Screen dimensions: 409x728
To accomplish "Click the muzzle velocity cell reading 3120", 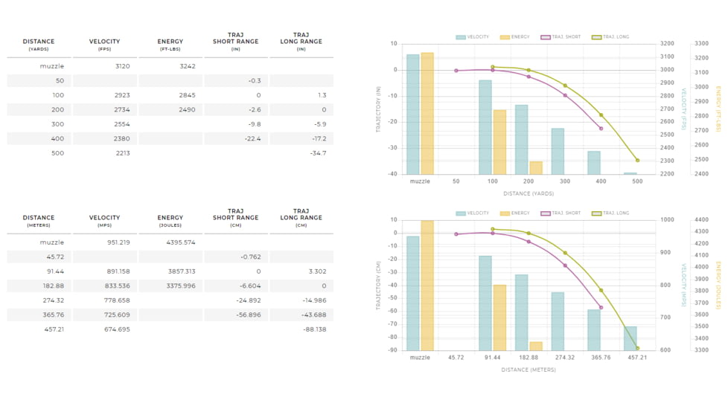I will click(123, 66).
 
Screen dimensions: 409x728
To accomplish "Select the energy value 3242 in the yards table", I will click(188, 66).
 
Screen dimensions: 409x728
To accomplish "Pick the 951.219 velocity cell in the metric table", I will click(118, 242).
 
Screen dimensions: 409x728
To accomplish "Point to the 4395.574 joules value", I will click(180, 242).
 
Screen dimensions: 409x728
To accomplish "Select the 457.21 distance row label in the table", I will click(54, 329).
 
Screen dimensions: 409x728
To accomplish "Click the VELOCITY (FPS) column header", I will click(104, 45).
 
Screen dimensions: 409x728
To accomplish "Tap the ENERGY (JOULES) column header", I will click(170, 221).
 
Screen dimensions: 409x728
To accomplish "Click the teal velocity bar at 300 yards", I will click(558, 151).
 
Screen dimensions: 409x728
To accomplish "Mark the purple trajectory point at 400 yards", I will click(601, 129).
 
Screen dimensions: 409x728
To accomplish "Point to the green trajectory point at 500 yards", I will click(637, 161).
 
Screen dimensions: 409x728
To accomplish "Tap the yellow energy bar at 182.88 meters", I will click(536, 346).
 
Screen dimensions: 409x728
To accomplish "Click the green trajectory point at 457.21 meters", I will click(637, 348).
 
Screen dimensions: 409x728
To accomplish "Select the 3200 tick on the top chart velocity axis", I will click(666, 43).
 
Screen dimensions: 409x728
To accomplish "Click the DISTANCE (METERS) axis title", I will click(529, 370).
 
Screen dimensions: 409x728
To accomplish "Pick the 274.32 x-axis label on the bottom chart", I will click(565, 358).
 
